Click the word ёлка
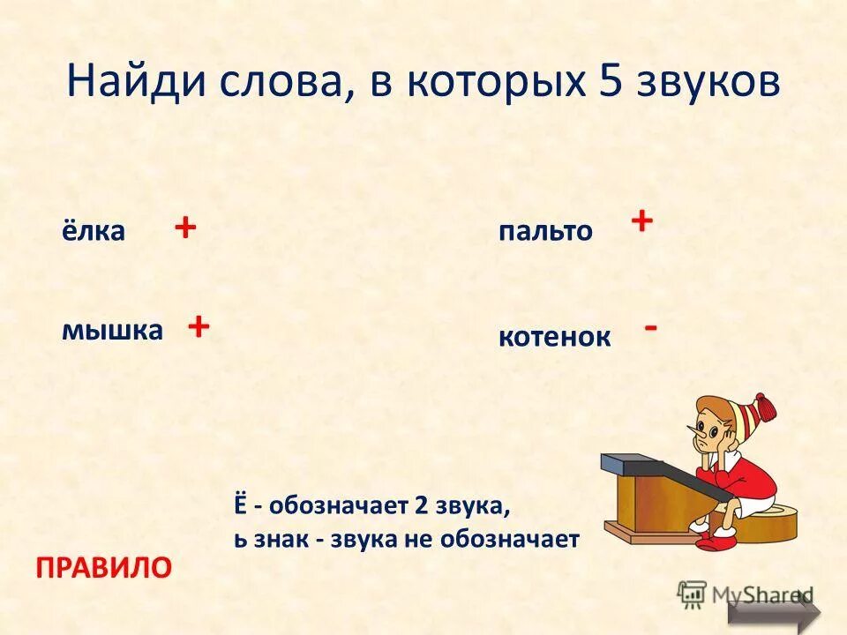pos(93,231)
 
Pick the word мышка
pos(112,330)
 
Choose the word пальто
pos(546,231)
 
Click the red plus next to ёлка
pos(184,228)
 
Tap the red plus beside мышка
pos(198,326)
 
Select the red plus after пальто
pos(641,220)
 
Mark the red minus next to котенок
pos(650,327)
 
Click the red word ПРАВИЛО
pos(102,567)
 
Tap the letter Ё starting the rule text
pos(240,507)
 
